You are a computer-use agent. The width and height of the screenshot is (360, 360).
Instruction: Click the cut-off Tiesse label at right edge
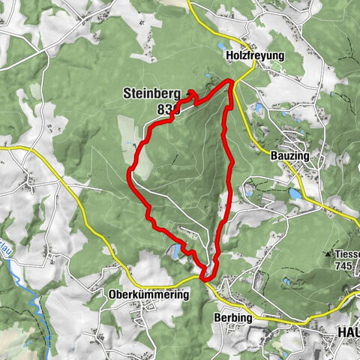[x=348, y=254]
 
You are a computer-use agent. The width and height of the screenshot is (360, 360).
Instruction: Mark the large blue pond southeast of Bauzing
[x=294, y=193]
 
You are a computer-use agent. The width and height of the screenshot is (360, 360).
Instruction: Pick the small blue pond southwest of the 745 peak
[x=286, y=282]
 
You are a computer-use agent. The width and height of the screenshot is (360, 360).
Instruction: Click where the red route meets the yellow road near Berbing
[x=203, y=278]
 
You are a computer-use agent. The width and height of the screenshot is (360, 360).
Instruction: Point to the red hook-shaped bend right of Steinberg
[x=190, y=94]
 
